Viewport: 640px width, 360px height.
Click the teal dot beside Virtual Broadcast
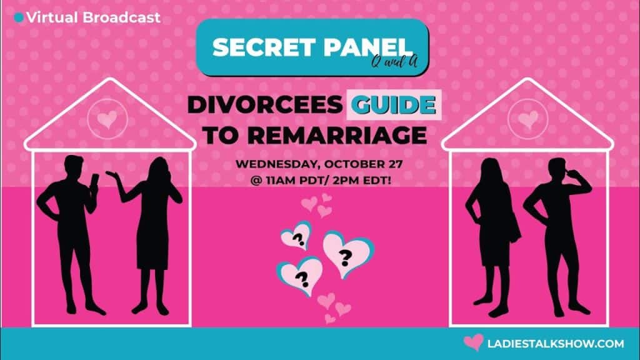(18, 17)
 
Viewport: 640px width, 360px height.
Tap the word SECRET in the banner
(262, 47)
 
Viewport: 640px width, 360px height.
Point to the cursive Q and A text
(394, 62)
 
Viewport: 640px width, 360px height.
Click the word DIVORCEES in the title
(264, 105)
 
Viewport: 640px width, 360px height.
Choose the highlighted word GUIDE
(394, 105)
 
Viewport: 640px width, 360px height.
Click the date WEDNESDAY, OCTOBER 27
(319, 164)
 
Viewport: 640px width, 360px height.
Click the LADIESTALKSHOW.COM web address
(556, 344)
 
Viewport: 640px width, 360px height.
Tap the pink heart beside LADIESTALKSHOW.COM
(474, 342)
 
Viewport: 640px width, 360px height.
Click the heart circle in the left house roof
(107, 119)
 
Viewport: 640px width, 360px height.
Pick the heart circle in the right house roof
(527, 119)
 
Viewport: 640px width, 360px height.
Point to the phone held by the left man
(94, 182)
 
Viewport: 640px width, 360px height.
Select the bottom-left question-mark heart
(300, 276)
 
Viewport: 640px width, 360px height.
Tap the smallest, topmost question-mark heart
(296, 236)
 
